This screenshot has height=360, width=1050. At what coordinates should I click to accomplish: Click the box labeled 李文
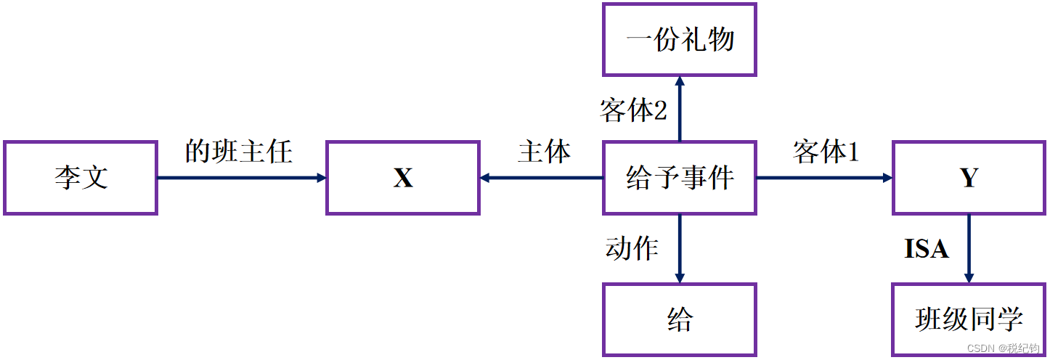click(x=81, y=178)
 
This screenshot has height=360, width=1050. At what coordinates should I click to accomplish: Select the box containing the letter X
click(x=403, y=178)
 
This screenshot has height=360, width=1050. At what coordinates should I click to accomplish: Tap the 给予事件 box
click(x=680, y=178)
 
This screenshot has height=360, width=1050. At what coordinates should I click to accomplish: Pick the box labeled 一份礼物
click(x=680, y=39)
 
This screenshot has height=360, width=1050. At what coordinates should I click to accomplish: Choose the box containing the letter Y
click(x=969, y=178)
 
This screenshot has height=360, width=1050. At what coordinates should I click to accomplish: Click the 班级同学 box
click(x=969, y=319)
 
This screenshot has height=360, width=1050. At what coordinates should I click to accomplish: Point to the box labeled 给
click(x=680, y=319)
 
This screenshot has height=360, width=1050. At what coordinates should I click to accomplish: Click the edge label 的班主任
click(x=239, y=152)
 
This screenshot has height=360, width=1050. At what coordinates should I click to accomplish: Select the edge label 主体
click(x=544, y=152)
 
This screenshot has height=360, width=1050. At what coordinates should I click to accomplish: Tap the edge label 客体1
click(x=826, y=152)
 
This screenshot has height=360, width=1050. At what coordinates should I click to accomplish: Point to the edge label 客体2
click(x=633, y=110)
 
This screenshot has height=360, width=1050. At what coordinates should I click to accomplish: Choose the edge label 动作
click(x=632, y=248)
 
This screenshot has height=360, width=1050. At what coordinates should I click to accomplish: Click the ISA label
click(x=926, y=250)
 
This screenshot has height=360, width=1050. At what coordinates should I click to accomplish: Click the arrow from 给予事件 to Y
click(x=824, y=178)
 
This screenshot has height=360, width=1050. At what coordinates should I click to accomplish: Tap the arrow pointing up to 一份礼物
click(x=680, y=109)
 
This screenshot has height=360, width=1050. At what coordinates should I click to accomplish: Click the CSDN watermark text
click(x=1005, y=348)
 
